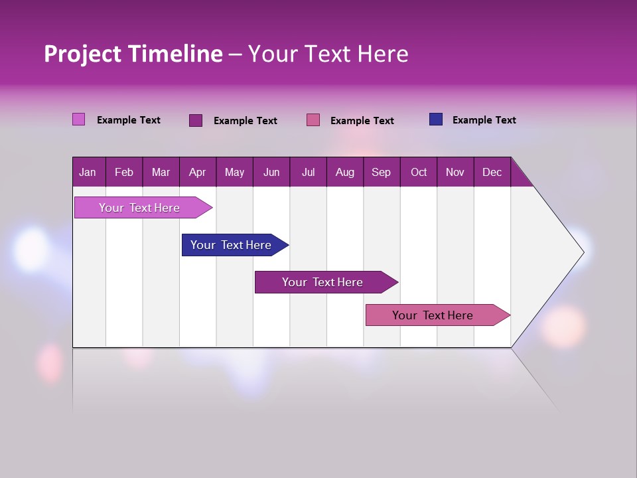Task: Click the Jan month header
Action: pos(88,172)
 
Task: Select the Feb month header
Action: pos(124,172)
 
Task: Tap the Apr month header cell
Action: pos(198,172)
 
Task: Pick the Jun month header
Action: pos(271,172)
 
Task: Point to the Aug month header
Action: pos(345,172)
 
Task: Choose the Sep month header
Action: pos(382,172)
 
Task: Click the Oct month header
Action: pos(419,172)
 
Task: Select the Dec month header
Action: pos(492,172)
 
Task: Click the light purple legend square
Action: pos(79,119)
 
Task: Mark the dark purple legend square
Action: pos(196,120)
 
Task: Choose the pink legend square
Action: pos(313,120)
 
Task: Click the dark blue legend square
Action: pos(436,119)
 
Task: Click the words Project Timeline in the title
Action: pos(133,54)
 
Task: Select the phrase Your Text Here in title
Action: pos(328,54)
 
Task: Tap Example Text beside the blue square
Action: pos(484,120)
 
